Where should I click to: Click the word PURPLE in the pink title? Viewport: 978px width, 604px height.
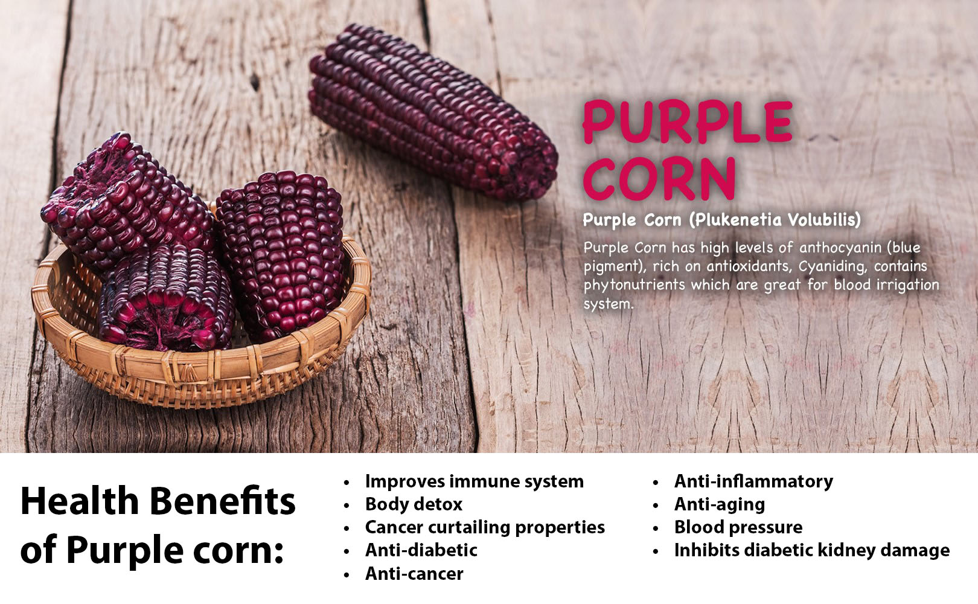[688, 122]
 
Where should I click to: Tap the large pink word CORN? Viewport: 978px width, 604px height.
[659, 179]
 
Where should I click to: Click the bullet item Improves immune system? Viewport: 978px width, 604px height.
[475, 481]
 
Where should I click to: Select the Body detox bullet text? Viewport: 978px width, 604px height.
[414, 504]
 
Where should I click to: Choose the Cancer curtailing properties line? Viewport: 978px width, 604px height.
[485, 527]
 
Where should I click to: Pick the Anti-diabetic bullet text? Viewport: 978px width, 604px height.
[421, 550]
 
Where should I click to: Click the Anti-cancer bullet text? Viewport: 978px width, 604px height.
[414, 574]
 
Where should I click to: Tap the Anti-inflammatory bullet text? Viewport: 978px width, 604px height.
[754, 481]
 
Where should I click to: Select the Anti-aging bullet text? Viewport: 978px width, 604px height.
[720, 504]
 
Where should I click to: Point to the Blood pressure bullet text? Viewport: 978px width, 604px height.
[739, 527]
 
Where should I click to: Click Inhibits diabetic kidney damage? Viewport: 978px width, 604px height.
[812, 550]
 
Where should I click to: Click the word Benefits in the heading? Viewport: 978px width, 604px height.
[223, 501]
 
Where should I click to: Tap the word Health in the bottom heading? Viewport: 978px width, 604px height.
[80, 501]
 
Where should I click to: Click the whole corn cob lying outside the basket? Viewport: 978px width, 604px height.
[432, 114]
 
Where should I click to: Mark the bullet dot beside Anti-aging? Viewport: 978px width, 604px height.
[656, 506]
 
